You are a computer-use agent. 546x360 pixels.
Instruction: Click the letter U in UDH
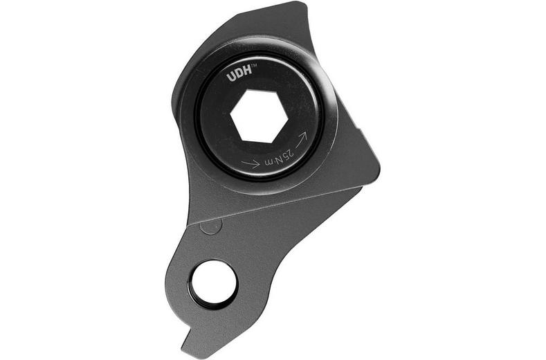pos(231,78)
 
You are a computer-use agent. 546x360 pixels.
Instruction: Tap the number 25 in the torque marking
pos(287,156)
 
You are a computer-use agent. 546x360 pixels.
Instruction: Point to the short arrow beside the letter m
pos(251,164)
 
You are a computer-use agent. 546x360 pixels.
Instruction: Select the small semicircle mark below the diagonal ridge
pos(211,226)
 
